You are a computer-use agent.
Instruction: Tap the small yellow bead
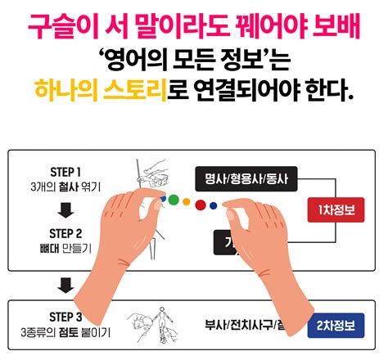(187, 201)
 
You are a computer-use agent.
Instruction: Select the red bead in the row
(200, 204)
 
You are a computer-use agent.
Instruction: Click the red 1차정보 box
(335, 210)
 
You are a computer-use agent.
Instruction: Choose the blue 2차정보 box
(336, 325)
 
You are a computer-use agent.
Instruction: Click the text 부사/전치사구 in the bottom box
(237, 325)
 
